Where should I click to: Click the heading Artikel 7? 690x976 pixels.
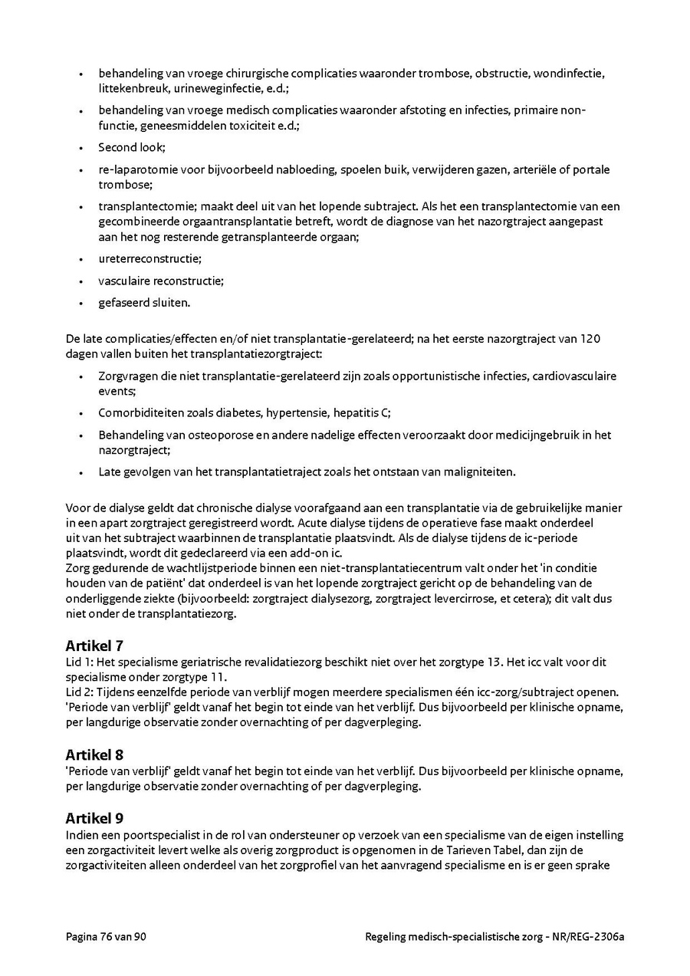[x=94, y=646]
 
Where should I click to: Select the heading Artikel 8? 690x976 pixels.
[x=94, y=754]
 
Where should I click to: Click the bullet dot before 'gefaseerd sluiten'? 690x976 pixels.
[x=80, y=303]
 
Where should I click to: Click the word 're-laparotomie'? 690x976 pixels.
[x=135, y=169]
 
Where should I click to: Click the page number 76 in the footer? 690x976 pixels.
[x=107, y=937]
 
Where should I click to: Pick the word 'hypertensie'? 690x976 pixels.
[x=297, y=412]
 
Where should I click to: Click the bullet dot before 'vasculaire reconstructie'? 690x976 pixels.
[x=80, y=281]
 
